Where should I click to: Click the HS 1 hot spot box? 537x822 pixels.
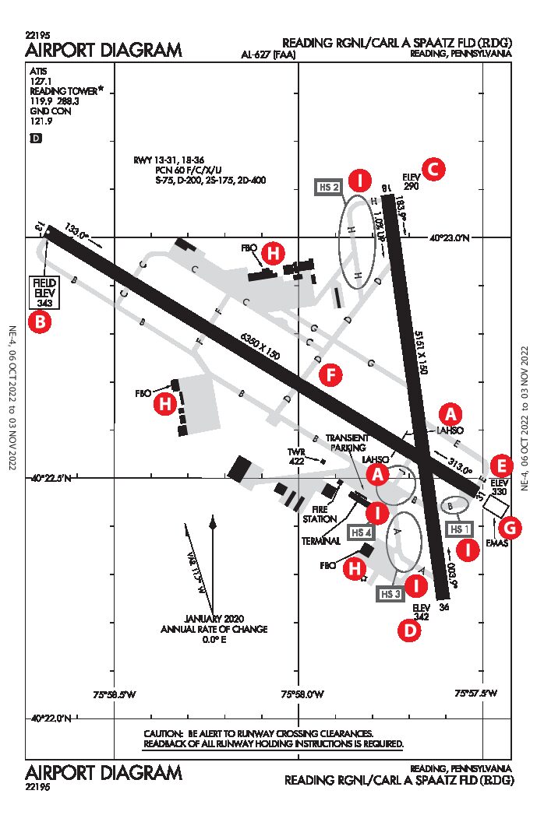[x=458, y=527]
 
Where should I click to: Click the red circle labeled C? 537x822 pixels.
[x=433, y=168]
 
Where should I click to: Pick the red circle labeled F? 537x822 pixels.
[x=331, y=375]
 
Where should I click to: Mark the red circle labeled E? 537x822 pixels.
[x=503, y=465]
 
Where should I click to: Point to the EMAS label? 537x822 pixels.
[x=496, y=543]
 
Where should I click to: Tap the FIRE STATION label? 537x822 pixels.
[x=320, y=514]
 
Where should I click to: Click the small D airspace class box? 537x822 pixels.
[x=35, y=138]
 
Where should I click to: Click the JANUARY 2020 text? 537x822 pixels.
[x=214, y=618]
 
